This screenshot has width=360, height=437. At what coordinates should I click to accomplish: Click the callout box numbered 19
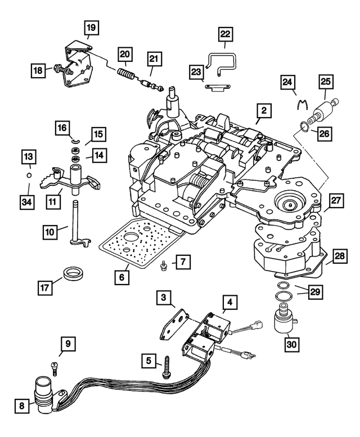[x=91, y=26]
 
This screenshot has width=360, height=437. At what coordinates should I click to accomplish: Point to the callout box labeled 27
[x=336, y=201]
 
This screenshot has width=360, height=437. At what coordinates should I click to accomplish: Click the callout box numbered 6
[x=121, y=277]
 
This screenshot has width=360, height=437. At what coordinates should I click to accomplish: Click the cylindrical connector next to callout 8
[x=44, y=391]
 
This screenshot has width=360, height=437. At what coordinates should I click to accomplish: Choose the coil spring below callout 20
[x=125, y=75]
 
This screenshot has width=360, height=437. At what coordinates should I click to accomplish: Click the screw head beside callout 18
[x=57, y=70]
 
